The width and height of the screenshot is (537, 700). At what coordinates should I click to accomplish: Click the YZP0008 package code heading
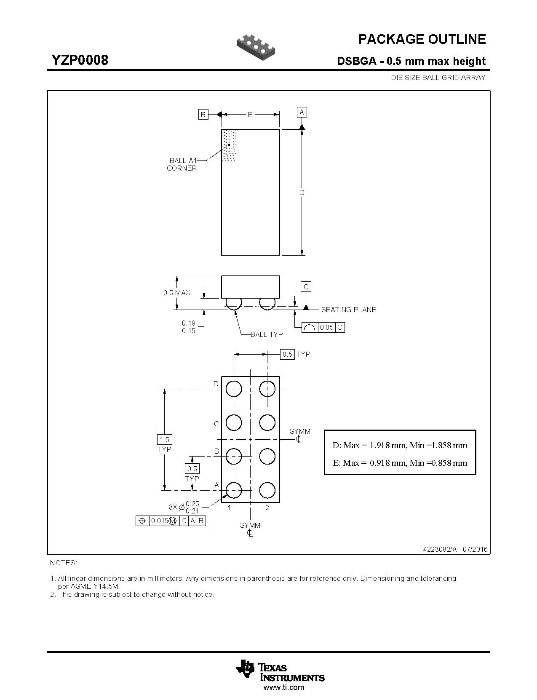[80, 60]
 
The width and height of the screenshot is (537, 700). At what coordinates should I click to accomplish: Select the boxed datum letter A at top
[302, 112]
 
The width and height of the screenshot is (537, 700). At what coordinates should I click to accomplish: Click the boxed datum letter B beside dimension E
[203, 114]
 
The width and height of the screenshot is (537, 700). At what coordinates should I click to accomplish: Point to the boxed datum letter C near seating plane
[306, 287]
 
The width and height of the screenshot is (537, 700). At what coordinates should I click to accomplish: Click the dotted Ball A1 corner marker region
[229, 145]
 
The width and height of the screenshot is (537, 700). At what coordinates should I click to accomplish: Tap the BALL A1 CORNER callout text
[182, 164]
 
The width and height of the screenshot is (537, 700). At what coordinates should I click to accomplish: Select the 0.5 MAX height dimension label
[177, 293]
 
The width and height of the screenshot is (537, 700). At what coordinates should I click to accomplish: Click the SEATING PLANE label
[349, 310]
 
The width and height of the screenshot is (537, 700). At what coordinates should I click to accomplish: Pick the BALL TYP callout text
[267, 334]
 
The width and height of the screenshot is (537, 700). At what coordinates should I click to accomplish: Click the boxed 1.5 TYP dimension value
[164, 440]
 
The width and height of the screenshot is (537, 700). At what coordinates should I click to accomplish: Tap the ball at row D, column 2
[267, 389]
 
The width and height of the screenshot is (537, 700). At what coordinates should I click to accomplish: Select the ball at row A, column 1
[234, 490]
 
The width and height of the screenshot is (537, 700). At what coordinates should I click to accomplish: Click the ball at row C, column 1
[234, 422]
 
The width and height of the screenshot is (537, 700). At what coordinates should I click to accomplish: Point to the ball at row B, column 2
[267, 456]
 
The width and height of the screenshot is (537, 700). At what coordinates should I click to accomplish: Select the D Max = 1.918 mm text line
[400, 445]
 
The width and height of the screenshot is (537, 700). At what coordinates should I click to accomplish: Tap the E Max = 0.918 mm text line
[400, 463]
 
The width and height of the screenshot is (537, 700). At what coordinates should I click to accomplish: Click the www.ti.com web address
[283, 687]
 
